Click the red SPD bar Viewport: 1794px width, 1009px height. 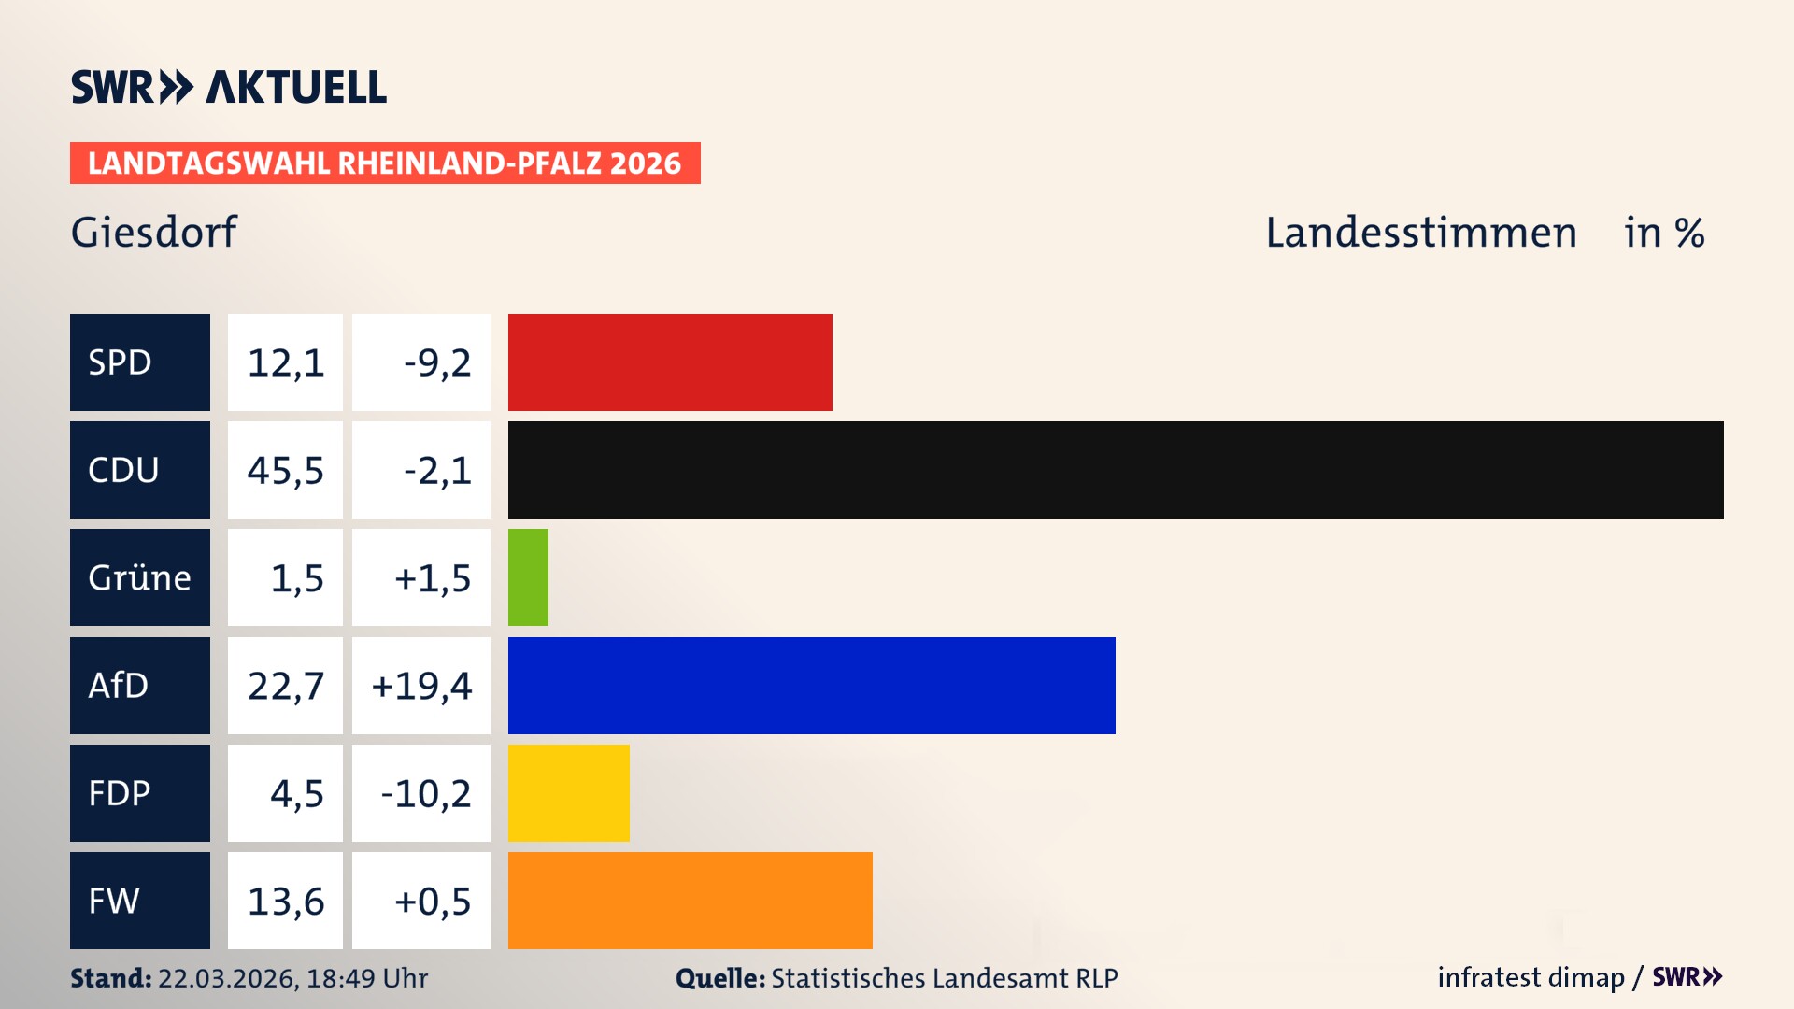(x=670, y=362)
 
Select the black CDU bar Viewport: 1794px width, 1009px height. (x=1116, y=470)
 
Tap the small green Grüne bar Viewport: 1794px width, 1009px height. (x=528, y=577)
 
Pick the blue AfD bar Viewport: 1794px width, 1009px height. (x=811, y=686)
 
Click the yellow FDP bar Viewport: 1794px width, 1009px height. (x=568, y=793)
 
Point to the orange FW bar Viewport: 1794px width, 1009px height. (x=690, y=901)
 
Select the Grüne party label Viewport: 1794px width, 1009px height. (x=140, y=577)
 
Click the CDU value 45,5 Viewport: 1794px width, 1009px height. (x=285, y=470)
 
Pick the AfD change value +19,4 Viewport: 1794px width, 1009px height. (x=421, y=686)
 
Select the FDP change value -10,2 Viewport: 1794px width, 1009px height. (x=425, y=793)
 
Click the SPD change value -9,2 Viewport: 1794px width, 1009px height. (x=436, y=362)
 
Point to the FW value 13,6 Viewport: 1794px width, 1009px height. (x=285, y=901)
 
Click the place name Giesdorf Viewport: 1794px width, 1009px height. (x=154, y=232)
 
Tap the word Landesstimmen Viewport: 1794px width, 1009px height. (x=1420, y=232)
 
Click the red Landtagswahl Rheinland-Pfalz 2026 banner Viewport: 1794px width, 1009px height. (x=385, y=163)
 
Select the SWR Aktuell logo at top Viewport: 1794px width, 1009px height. (x=229, y=87)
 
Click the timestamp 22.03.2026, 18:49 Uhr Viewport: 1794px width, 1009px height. (x=292, y=978)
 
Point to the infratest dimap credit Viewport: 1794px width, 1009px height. (x=1531, y=977)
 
